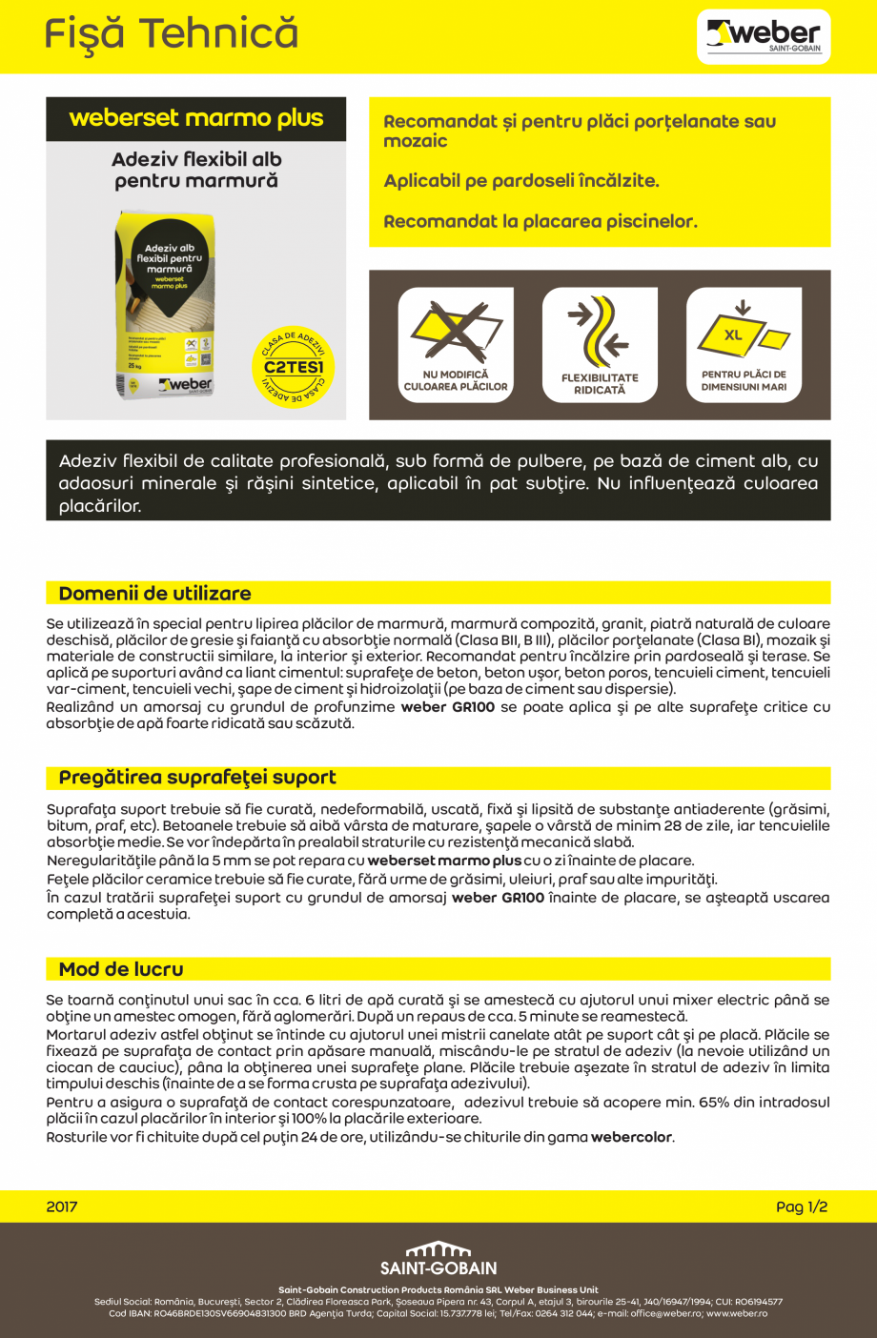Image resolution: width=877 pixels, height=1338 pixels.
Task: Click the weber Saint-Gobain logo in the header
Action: [x=764, y=37]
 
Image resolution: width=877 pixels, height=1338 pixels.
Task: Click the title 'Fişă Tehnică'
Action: [x=172, y=35]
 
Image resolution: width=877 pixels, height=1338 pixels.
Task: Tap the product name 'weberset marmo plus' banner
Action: [x=196, y=119]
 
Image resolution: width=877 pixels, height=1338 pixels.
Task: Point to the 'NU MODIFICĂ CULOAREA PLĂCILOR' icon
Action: [x=456, y=345]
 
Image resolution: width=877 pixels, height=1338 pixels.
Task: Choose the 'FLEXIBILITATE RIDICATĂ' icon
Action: [x=600, y=345]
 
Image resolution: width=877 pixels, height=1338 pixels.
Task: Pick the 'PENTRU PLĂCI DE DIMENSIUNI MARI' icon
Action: [x=744, y=345]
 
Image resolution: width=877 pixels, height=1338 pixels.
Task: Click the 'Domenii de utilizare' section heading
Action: [x=155, y=594]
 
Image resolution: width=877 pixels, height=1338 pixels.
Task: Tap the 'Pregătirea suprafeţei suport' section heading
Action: [x=197, y=778]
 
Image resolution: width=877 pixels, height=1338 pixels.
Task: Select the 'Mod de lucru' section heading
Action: [x=121, y=969]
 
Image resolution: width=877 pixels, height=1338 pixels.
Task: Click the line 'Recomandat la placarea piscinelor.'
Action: [x=540, y=222]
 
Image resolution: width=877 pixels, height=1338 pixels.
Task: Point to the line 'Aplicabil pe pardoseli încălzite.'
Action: [x=521, y=181]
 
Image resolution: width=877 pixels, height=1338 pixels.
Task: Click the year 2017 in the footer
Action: [x=62, y=1206]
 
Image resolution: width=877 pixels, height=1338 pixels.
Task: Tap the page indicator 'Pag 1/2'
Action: [x=802, y=1206]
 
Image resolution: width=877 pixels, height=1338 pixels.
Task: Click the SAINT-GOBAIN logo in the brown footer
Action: [x=438, y=1259]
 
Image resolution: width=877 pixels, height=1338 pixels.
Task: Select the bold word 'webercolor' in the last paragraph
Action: [x=631, y=1137]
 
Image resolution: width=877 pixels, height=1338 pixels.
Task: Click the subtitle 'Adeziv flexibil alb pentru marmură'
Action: [x=196, y=170]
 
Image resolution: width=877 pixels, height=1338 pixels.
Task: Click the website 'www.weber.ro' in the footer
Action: [x=737, y=1313]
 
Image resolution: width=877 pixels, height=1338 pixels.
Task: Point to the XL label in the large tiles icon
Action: [x=733, y=335]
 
